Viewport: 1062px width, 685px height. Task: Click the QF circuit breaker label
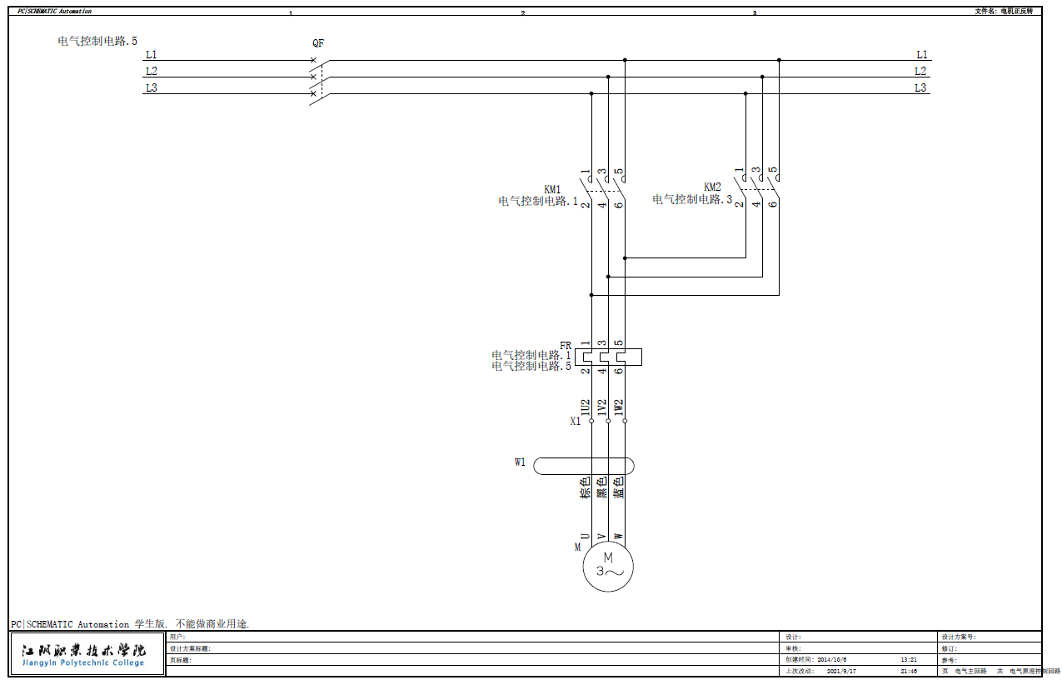point(318,43)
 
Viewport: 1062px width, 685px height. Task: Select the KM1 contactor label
point(552,189)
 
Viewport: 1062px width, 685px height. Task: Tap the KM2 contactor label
point(712,187)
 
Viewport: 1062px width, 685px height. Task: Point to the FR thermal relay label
point(566,345)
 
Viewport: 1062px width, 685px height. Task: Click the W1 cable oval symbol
point(583,465)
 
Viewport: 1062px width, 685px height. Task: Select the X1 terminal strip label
point(575,422)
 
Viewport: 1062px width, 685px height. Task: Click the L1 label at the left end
point(151,55)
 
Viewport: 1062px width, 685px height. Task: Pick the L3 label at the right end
point(920,88)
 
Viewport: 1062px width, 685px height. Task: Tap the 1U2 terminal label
point(586,407)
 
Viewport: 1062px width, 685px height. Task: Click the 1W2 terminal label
point(619,407)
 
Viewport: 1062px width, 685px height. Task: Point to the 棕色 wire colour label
point(586,487)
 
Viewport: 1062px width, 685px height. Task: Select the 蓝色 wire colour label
point(619,487)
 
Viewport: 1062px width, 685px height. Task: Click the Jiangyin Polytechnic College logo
point(83,654)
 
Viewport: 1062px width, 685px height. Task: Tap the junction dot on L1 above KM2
point(779,60)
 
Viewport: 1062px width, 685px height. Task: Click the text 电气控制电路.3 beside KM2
point(692,200)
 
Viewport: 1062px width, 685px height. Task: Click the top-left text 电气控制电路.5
point(97,40)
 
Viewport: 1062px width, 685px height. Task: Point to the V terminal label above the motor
point(601,536)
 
